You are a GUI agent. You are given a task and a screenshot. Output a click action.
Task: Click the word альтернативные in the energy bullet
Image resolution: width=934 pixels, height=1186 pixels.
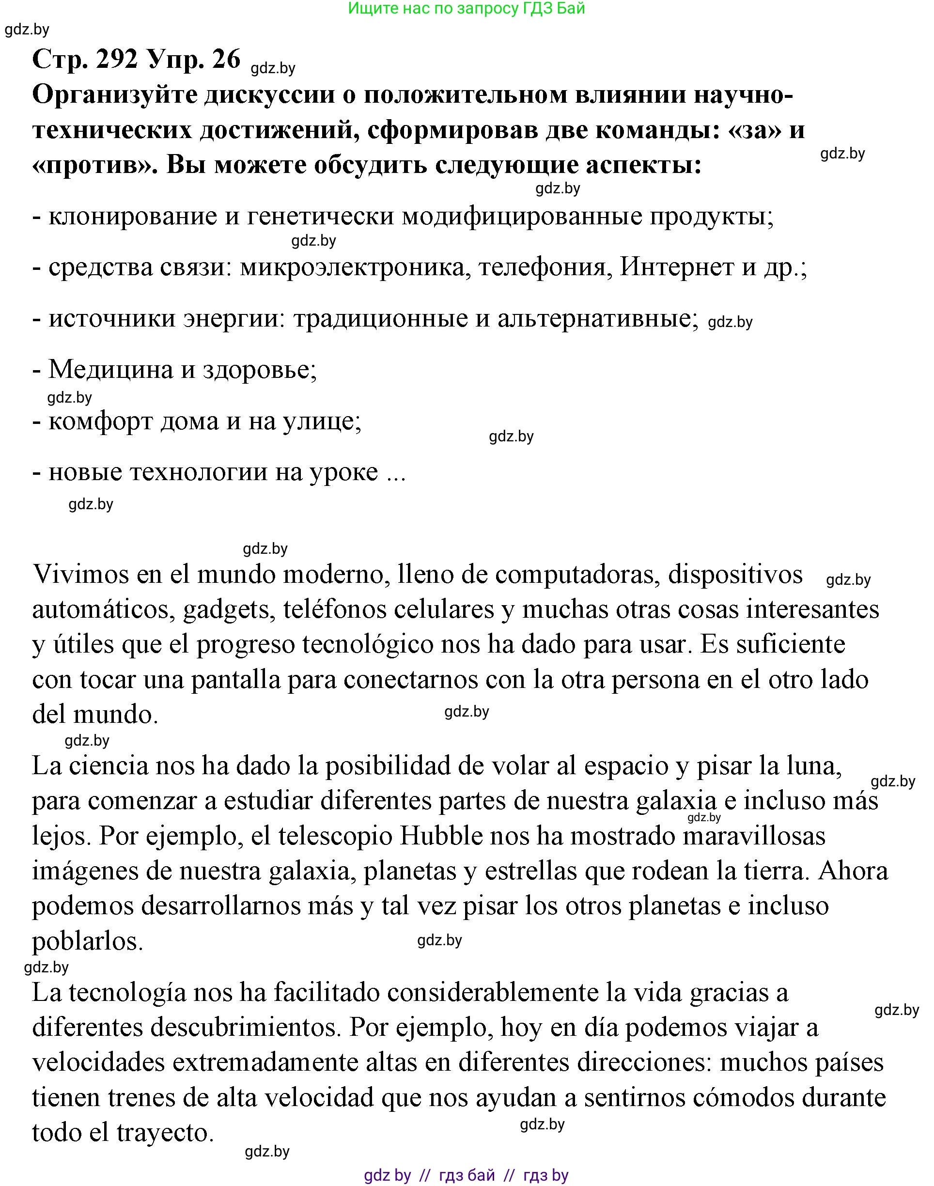coord(598,319)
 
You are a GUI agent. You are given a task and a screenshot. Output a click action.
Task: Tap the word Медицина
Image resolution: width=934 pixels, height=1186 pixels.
coord(110,370)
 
